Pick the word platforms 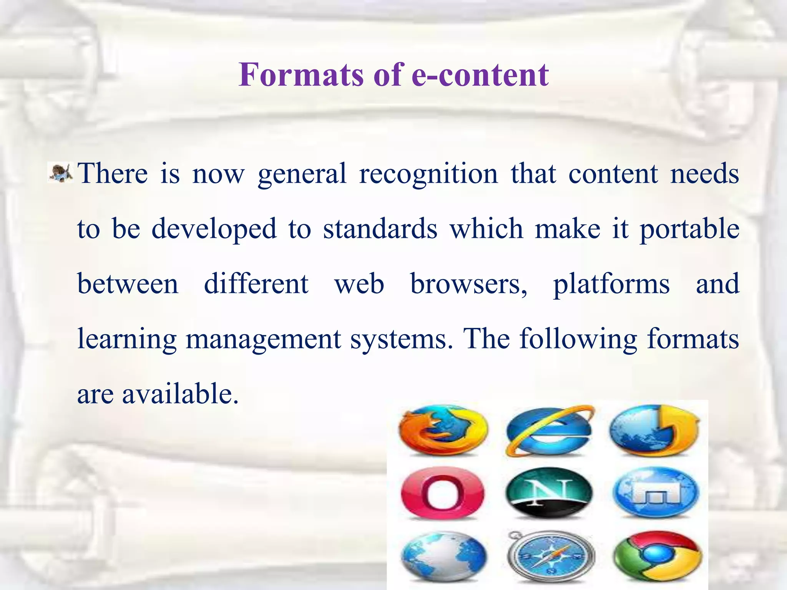tap(611, 285)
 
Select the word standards tap(380, 229)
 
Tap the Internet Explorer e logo tap(550, 430)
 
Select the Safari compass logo tap(550, 557)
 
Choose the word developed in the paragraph tap(214, 229)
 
